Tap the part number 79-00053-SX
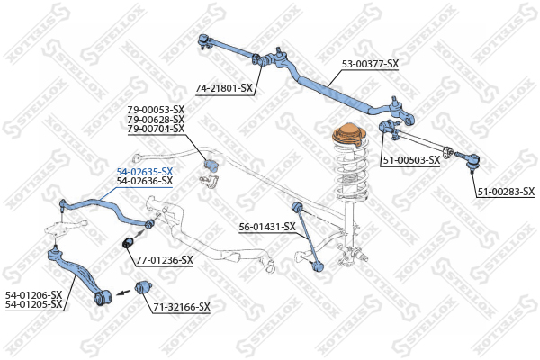click(156, 110)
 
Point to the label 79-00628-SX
click(156, 120)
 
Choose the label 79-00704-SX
click(156, 130)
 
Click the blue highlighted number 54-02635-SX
click(144, 171)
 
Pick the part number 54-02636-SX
click(144, 181)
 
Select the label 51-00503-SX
click(411, 160)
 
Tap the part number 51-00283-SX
click(506, 192)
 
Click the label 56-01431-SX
click(267, 227)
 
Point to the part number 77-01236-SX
click(165, 260)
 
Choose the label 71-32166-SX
click(181, 307)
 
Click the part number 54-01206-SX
click(33, 294)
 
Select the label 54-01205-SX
click(33, 304)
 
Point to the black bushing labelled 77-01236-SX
click(128, 243)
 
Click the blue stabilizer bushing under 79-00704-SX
click(212, 167)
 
